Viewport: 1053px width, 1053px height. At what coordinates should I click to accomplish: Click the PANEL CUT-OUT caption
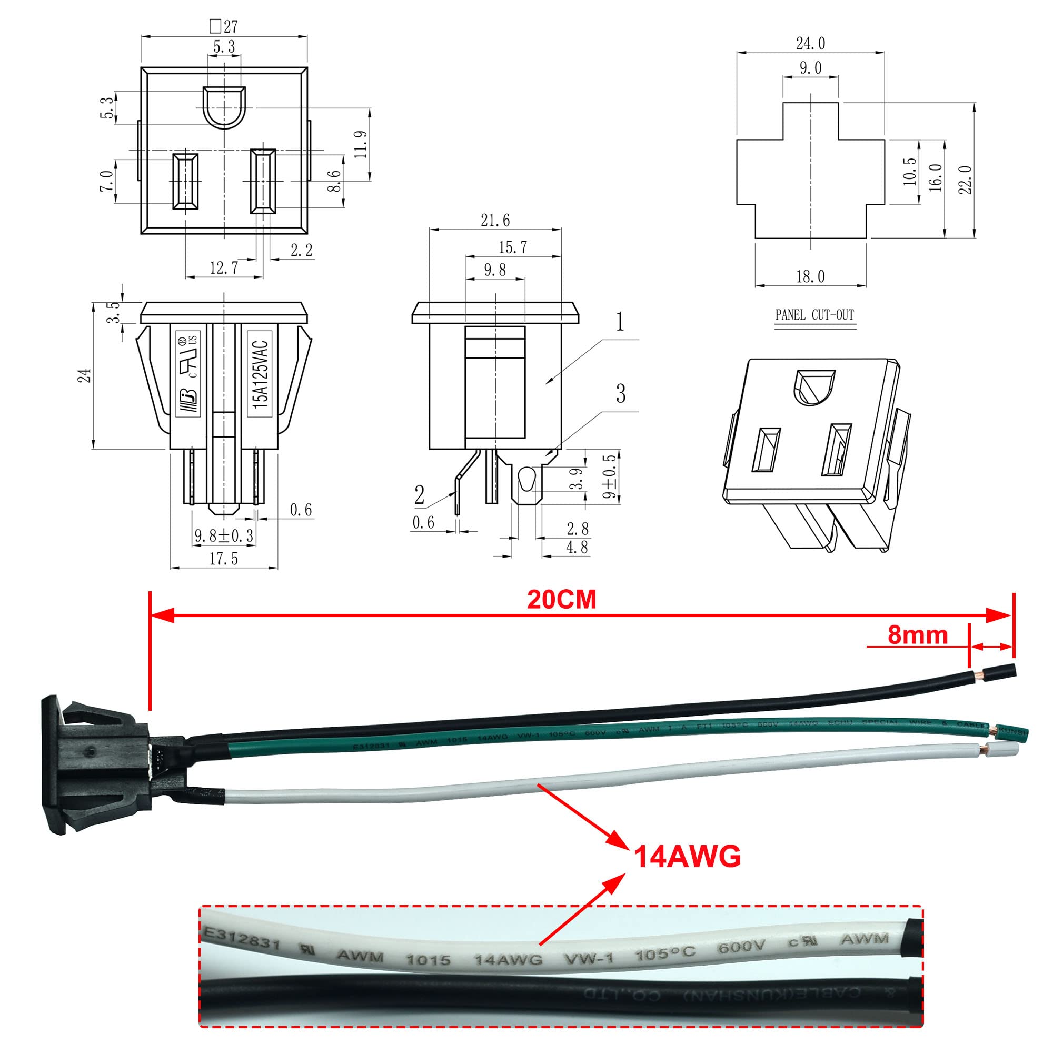pos(814,315)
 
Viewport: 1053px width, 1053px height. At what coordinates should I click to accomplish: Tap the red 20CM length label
pos(561,600)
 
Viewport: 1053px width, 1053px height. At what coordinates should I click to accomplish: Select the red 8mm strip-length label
pos(918,635)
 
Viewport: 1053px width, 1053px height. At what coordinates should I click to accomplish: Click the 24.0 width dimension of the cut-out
pos(810,44)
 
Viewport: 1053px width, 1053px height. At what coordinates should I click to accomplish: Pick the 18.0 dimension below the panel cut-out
pos(810,277)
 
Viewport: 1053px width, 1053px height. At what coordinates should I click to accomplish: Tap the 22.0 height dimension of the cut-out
pos(965,181)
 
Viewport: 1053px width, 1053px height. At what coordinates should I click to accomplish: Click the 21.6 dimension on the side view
pos(495,221)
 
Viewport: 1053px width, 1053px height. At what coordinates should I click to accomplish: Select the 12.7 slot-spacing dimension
pos(224,267)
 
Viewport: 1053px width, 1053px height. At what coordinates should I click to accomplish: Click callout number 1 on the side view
pos(620,322)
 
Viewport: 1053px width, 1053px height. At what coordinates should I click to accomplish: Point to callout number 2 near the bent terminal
pos(419,495)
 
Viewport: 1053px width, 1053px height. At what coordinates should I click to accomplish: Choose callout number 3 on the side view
pos(620,393)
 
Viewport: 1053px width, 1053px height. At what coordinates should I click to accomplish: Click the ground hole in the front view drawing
pos(224,106)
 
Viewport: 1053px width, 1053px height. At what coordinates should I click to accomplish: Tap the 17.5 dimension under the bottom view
pos(223,559)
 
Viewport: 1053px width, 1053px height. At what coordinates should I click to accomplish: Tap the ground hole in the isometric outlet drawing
pos(814,387)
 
